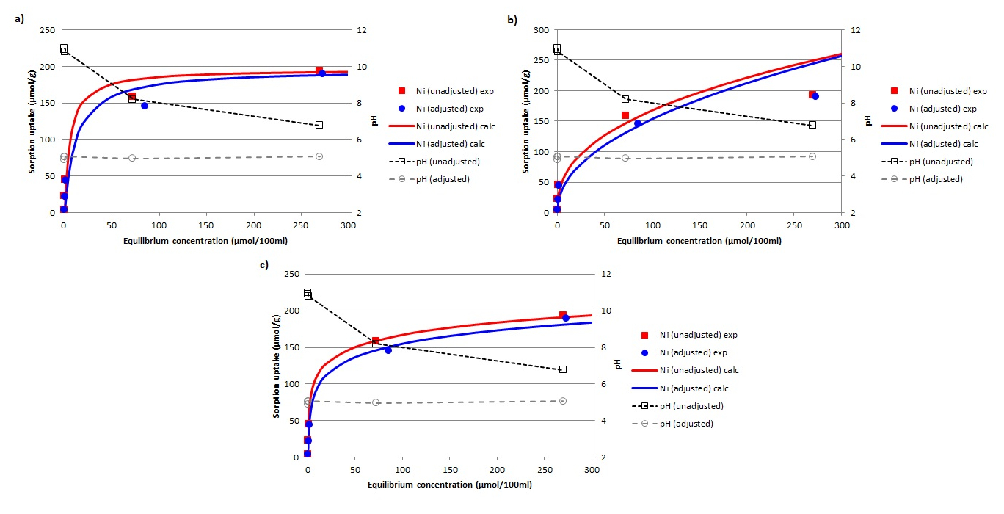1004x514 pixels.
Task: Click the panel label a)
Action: pos(20,20)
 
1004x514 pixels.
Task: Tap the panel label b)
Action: pos(512,20)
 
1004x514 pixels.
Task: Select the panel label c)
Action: pos(264,264)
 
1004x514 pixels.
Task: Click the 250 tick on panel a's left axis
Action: pos(49,30)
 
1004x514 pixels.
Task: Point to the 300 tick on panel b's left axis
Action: pos(542,30)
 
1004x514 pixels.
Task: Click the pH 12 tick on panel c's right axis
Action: pos(608,274)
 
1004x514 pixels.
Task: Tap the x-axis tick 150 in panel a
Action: pos(206,225)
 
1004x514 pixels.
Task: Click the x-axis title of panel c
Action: pos(449,485)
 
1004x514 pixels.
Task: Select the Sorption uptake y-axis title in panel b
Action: pos(525,121)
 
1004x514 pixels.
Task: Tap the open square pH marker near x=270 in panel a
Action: pos(319,125)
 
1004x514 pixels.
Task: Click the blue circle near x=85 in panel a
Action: pos(145,106)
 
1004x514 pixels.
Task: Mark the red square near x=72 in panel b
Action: pos(625,115)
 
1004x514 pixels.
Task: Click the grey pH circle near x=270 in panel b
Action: pos(812,156)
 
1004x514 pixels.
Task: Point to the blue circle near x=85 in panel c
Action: pos(388,350)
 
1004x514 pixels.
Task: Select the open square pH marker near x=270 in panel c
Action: pos(563,369)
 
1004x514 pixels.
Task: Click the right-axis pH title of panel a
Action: pos(374,121)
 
